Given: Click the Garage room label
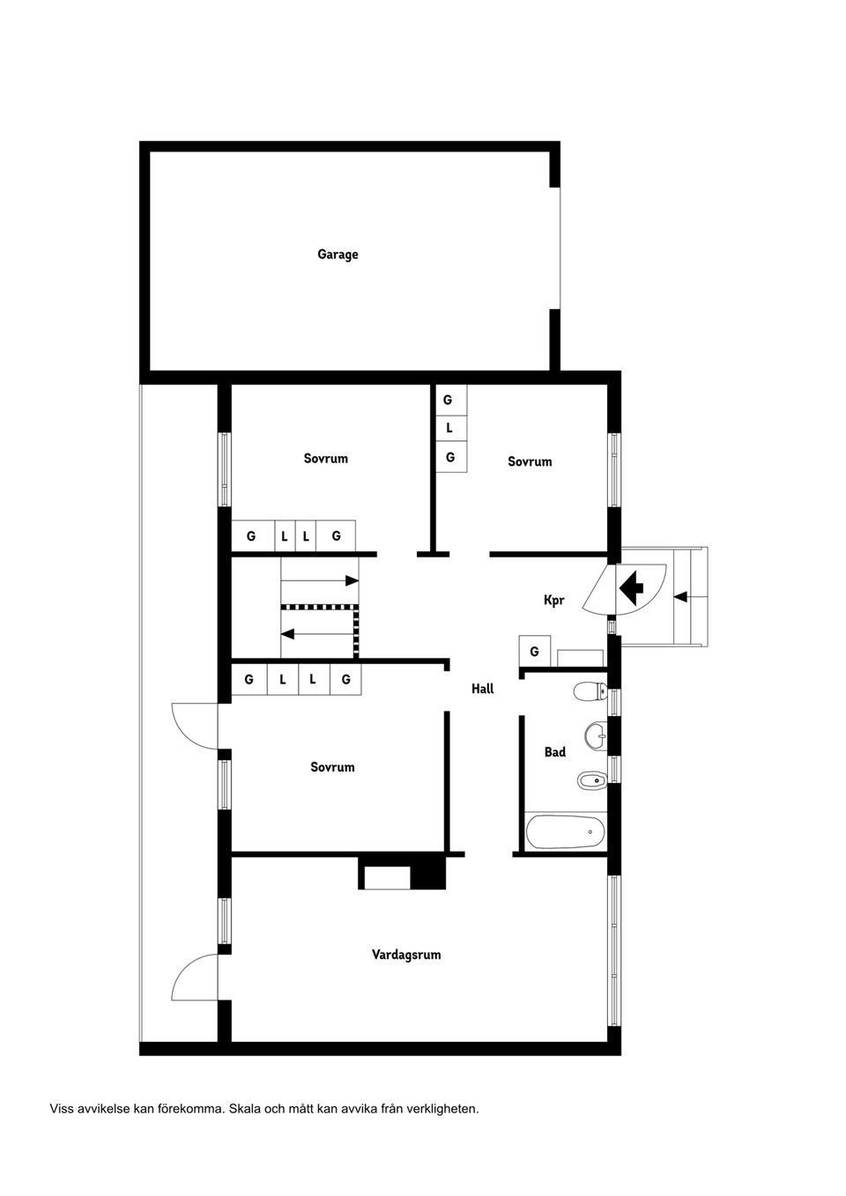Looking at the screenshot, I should tap(338, 255).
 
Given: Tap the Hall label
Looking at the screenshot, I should tap(482, 689).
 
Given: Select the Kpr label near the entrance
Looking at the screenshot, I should tap(553, 601).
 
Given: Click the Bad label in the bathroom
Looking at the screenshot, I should tap(554, 752).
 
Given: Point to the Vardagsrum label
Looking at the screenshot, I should tap(405, 955).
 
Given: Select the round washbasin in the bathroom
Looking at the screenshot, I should tap(596, 734).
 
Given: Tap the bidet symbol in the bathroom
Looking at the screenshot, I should tap(590, 779).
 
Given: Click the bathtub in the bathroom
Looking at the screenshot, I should tap(565, 831).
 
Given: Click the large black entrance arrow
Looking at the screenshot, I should tap(632, 587).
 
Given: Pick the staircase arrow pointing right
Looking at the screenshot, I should tap(320, 581).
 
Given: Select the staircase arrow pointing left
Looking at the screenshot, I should tap(317, 633).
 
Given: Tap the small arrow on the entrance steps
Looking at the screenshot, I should tap(680, 596).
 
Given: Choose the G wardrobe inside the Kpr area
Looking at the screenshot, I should tap(534, 652).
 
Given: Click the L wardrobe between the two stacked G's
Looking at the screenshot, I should tap(449, 428).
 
